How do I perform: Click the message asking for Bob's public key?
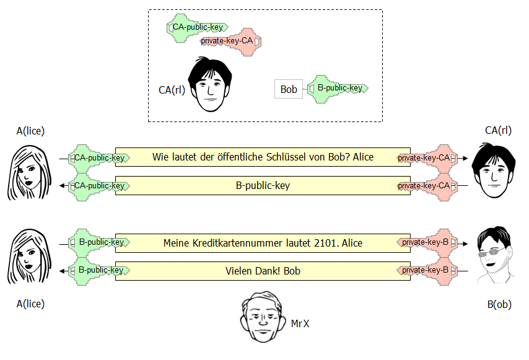coord(263,157)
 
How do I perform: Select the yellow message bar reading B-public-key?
coord(263,185)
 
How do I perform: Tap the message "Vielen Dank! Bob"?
coord(263,271)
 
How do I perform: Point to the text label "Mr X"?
coord(300,323)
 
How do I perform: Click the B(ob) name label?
coord(499,304)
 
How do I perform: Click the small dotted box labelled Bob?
coord(289,89)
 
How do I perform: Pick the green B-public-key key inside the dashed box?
coord(337,89)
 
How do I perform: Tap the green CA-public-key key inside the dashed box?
coord(196,28)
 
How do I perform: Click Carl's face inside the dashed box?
coord(210,86)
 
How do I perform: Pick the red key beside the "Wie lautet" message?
coord(427,158)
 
